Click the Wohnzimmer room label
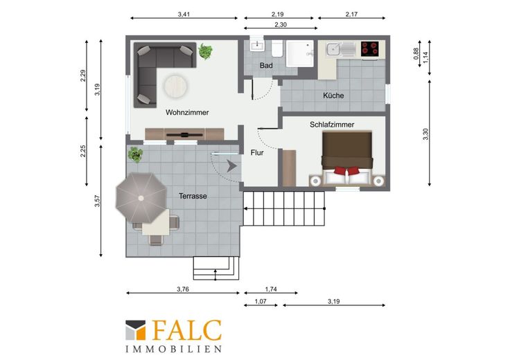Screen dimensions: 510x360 (x=187, y=112)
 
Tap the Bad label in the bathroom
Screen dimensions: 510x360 (x=266, y=66)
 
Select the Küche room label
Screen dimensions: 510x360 (x=333, y=96)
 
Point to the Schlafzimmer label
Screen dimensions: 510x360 (x=332, y=125)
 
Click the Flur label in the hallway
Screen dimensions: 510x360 (x=257, y=152)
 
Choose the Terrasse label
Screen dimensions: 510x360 (x=193, y=196)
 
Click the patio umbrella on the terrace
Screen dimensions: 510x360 (x=141, y=198)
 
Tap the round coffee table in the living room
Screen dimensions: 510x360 (x=175, y=87)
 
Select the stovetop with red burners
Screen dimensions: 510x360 (x=370, y=48)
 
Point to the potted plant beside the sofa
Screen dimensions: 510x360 (x=205, y=51)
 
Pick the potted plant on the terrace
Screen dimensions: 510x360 (x=135, y=154)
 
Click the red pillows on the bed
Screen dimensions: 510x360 (x=347, y=170)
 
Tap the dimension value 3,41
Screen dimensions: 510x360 (x=184, y=15)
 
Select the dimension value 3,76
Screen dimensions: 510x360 (x=183, y=289)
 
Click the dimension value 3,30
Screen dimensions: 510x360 (x=425, y=134)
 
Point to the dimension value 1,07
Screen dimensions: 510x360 (x=261, y=302)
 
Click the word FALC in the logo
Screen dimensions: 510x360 (x=186, y=330)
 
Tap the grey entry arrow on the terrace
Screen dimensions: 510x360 (x=231, y=166)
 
